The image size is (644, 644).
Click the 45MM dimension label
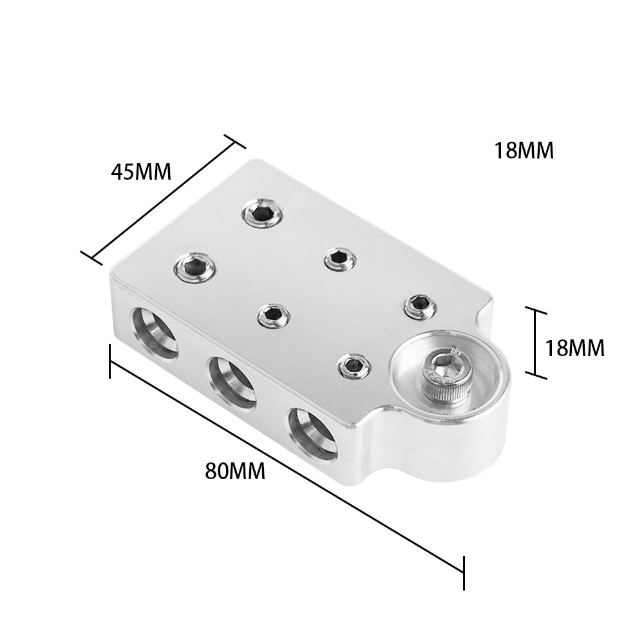tap(141, 172)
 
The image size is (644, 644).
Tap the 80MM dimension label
tap(235, 471)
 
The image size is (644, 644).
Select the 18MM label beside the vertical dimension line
tap(574, 348)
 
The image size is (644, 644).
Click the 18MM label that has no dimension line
tap(524, 151)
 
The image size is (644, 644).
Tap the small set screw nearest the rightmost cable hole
tap(353, 366)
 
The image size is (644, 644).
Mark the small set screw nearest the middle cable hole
tap(272, 314)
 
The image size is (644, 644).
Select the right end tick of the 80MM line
tap(464, 570)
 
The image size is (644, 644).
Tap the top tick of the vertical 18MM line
tap(536, 310)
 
